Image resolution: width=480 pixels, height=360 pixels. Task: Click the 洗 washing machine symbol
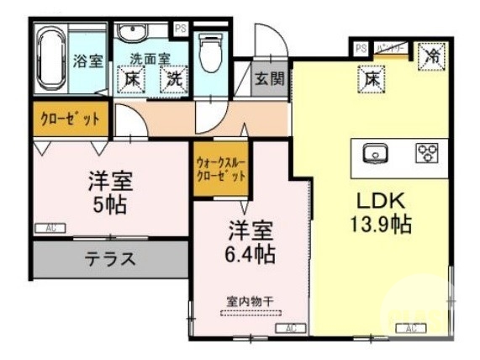(173, 80)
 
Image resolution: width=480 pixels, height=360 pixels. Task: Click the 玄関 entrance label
(270, 81)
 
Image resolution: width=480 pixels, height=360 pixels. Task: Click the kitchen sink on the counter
(374, 153)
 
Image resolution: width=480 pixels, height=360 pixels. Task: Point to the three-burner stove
(427, 153)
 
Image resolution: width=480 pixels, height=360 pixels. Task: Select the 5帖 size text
(109, 204)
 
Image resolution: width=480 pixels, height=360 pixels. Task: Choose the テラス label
(109, 259)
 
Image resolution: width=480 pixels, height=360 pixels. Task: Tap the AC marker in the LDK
(411, 328)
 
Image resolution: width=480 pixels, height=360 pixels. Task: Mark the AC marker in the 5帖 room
(50, 228)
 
